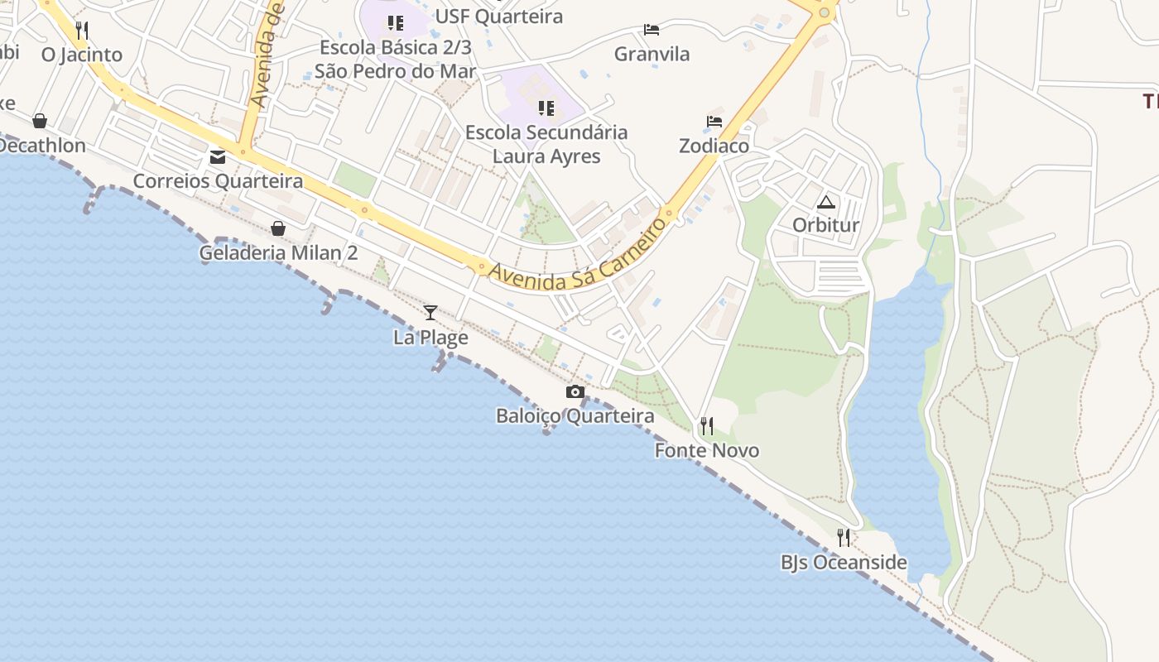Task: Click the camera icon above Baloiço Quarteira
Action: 575,391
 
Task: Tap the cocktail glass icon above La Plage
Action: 430,312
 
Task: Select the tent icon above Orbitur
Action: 825,202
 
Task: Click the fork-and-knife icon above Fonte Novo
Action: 707,426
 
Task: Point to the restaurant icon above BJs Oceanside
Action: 844,538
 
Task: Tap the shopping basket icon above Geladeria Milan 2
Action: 278,228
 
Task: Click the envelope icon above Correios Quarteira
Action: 218,156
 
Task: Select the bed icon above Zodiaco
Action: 714,122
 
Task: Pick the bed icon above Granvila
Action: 652,30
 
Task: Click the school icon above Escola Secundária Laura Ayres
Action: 546,108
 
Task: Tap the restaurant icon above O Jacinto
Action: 81,31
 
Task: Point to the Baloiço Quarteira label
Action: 575,415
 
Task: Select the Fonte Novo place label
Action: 707,450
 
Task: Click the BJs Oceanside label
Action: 844,563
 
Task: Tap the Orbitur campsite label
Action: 825,225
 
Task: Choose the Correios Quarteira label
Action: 218,180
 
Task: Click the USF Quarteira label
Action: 498,17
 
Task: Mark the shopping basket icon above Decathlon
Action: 39,122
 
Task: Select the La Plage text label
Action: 430,337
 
